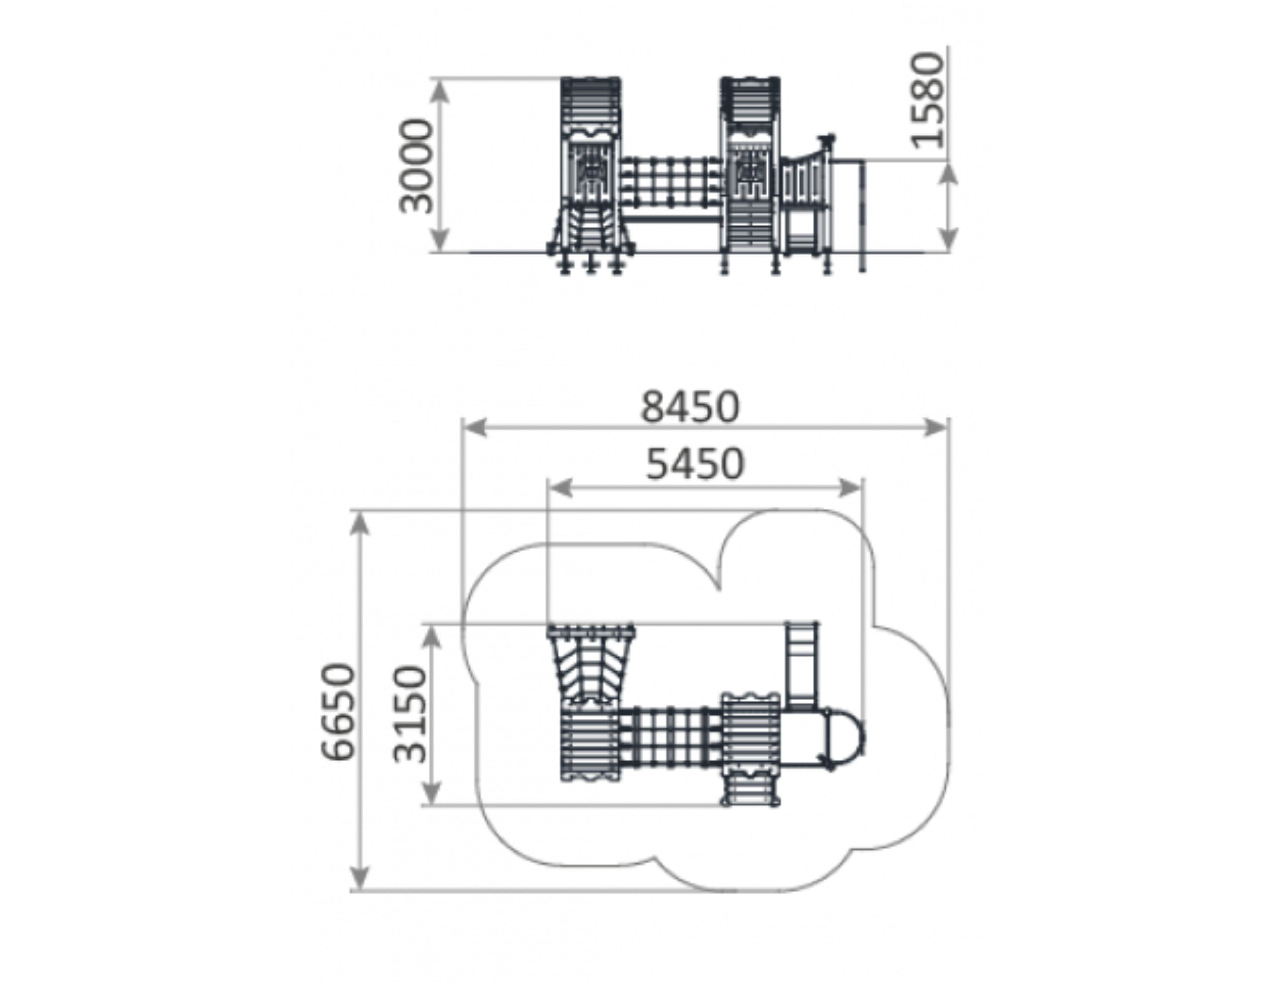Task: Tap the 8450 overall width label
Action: [x=689, y=407]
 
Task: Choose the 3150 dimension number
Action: [x=409, y=713]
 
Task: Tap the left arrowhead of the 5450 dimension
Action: [x=560, y=487]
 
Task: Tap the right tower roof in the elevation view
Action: [x=750, y=106]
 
